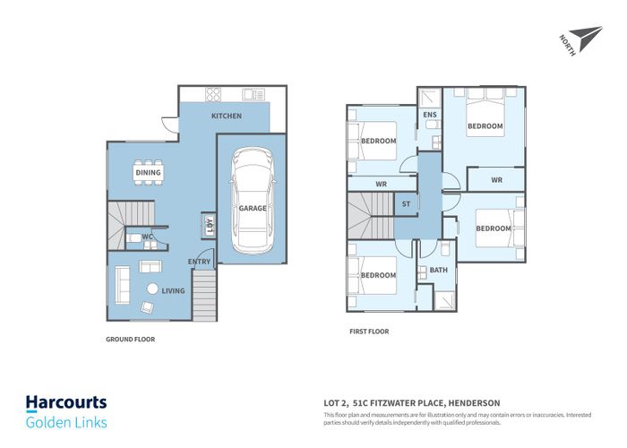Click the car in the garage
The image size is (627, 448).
(x=253, y=201)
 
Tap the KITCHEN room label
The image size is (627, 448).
(x=227, y=116)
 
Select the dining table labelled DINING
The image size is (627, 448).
(x=149, y=172)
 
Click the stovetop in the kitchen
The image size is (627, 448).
(x=213, y=94)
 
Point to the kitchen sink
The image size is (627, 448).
(x=253, y=95)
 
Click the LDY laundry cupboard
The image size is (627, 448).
(x=209, y=225)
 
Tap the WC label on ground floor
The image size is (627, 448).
(x=147, y=237)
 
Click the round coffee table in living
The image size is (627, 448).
(x=152, y=289)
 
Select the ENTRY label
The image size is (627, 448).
(x=199, y=262)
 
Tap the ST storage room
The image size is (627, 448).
(x=406, y=204)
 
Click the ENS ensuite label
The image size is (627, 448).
(x=430, y=115)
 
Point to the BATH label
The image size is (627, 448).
(x=438, y=270)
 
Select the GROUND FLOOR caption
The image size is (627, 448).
(x=131, y=340)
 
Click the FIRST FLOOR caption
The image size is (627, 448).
(x=369, y=332)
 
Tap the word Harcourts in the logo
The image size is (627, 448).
(x=66, y=402)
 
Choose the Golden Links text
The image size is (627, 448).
(x=66, y=423)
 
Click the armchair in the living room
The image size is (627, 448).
(x=147, y=306)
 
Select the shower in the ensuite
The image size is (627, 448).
(x=429, y=98)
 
